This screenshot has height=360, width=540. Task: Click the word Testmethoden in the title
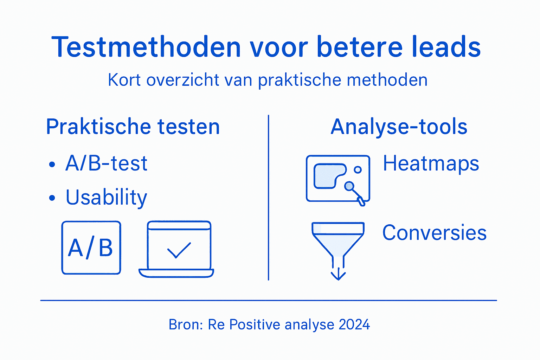(146, 47)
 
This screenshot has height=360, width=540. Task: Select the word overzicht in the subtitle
(183, 80)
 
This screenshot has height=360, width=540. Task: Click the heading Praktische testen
(133, 127)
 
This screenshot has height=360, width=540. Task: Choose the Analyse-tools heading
(399, 127)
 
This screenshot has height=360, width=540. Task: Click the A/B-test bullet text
(106, 163)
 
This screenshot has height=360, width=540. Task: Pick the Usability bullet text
(106, 198)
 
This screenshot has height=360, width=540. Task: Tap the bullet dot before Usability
(52, 198)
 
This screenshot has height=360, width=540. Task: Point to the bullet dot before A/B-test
(52, 164)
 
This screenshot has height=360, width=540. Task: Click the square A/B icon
(91, 248)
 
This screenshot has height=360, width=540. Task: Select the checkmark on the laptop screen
(179, 250)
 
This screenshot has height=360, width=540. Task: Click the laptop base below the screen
(176, 273)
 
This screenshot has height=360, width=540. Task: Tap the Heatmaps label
(431, 163)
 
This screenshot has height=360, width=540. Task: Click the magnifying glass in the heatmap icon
(349, 186)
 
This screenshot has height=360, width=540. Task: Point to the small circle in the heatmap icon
(358, 170)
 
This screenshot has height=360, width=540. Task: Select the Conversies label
(434, 233)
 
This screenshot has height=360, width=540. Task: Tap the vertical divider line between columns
(269, 197)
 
